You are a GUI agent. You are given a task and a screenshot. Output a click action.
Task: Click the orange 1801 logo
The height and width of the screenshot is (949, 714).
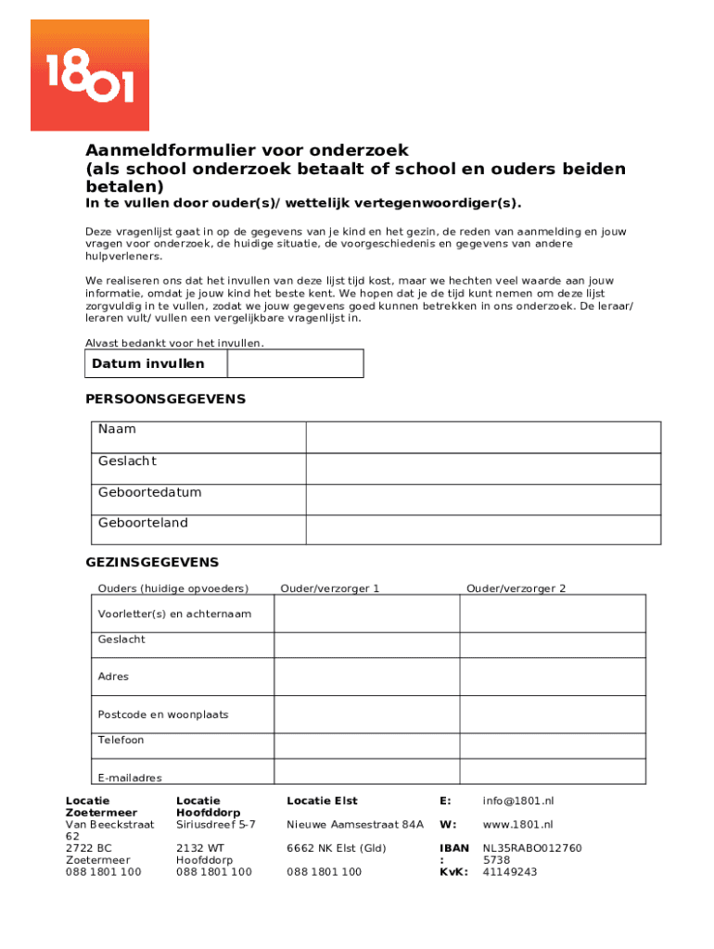tap(90, 75)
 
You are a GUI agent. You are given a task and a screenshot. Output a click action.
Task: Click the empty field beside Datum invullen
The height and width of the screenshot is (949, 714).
tap(295, 364)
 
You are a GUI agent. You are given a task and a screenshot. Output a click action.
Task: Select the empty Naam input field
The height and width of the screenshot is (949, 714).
tap(483, 437)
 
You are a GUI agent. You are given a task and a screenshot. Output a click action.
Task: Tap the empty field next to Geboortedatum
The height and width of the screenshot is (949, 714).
tap(483, 499)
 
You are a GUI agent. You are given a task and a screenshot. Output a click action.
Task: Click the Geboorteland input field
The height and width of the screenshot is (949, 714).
tap(483, 529)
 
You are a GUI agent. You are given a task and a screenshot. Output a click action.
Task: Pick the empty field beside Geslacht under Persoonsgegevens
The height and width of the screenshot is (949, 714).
tap(483, 468)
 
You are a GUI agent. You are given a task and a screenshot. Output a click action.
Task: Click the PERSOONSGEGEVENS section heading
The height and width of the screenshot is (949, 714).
tap(166, 399)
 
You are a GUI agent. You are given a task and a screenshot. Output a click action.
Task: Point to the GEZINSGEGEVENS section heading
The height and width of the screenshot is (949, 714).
tap(152, 563)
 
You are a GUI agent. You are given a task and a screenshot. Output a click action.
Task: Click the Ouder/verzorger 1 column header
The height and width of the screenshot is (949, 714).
tap(330, 588)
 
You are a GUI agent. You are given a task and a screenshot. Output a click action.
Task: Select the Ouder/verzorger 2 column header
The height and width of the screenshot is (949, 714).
tap(516, 588)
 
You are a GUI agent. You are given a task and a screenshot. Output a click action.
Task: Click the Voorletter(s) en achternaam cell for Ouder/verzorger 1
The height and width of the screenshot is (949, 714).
tap(367, 614)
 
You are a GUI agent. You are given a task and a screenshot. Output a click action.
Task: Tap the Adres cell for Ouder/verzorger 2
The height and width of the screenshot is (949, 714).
tap(553, 677)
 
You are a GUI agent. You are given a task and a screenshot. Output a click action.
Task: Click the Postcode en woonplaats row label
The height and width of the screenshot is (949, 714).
tap(163, 715)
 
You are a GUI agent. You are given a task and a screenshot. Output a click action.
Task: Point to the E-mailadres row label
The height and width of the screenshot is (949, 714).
tap(130, 778)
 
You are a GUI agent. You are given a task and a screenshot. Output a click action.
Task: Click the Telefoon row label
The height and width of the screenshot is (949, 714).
tap(121, 740)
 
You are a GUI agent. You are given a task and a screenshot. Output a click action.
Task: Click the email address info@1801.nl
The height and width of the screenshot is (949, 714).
tap(517, 801)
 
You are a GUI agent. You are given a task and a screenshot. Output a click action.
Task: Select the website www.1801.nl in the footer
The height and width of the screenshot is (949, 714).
tap(517, 824)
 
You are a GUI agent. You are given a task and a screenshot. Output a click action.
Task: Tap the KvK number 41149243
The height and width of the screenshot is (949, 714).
tap(510, 872)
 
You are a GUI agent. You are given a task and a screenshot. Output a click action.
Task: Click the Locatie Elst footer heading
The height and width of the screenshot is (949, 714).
tap(322, 801)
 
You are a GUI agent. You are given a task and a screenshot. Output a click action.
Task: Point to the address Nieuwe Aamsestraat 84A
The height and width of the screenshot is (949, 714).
tap(355, 824)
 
